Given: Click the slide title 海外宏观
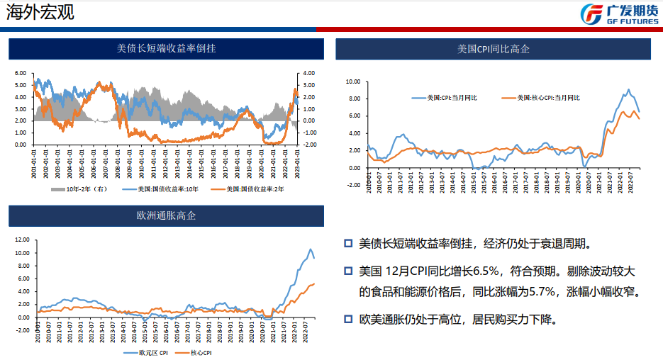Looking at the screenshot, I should (x=40, y=12).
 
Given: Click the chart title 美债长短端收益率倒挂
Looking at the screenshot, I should (x=166, y=49).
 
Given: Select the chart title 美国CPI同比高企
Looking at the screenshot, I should (x=493, y=49).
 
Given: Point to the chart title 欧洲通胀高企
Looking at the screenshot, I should (x=166, y=215).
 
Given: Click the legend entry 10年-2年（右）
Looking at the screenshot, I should (x=79, y=189).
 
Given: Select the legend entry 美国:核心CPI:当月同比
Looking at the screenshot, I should (x=541, y=98).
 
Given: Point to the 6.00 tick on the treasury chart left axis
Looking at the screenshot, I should (x=20, y=73).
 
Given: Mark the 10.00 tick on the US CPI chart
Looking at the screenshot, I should (x=352, y=81).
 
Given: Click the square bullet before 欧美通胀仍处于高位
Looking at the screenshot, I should (x=348, y=318).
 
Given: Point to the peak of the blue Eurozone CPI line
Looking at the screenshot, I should (x=310, y=249).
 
